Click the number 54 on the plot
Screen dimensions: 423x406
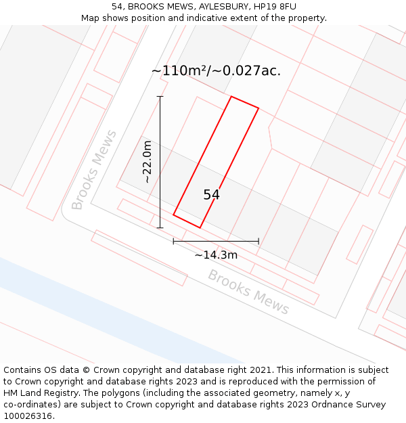click(211, 195)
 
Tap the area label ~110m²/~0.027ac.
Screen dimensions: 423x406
click(215, 70)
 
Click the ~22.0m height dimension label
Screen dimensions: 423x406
click(148, 162)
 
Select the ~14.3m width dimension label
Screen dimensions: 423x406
click(216, 255)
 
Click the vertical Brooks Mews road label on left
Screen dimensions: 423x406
click(94, 170)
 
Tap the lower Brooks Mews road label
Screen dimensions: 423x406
click(248, 292)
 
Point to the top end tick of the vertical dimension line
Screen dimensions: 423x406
click(160, 97)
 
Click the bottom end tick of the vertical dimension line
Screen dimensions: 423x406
click(160, 227)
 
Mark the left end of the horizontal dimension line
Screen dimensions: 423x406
click(173, 241)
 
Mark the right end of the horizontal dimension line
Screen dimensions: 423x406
click(258, 241)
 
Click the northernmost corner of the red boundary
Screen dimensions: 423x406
click(231, 96)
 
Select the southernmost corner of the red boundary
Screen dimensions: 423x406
click(200, 227)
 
